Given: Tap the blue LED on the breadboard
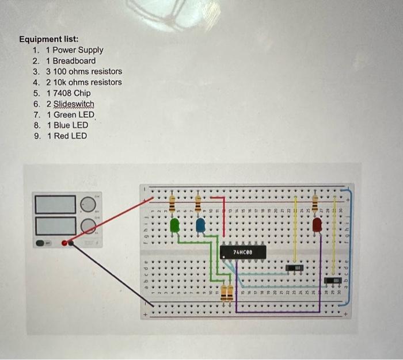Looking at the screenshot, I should (200, 225).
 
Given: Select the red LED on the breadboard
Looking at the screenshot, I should (317, 225).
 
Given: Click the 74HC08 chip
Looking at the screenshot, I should (242, 252).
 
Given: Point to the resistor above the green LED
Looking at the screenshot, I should (172, 204).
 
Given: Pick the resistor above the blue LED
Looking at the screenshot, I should (197, 203).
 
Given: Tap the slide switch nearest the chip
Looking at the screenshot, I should (295, 269).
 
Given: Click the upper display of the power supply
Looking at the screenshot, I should (56, 204).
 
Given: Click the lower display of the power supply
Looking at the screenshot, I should (56, 225).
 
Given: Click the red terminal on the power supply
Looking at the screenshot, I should (64, 243).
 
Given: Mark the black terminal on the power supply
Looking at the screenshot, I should (71, 243).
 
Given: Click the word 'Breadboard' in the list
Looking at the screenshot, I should (74, 60).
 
